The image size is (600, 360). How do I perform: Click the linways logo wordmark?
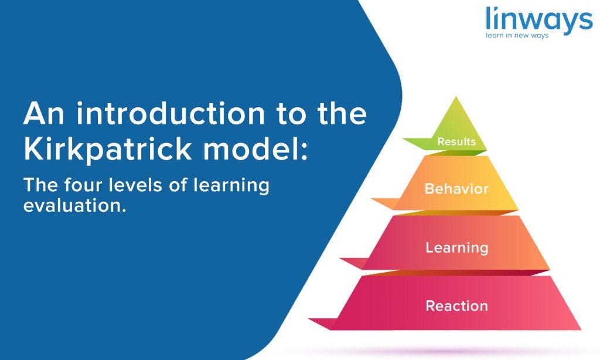pos(538,20)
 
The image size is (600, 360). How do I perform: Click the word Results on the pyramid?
pos(456,142)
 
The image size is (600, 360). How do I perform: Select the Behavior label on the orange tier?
pos(456,189)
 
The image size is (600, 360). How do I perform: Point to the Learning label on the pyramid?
pos(456,247)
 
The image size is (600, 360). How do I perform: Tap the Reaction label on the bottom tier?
pos(456,305)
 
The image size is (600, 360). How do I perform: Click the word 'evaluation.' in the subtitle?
pos(74,206)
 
